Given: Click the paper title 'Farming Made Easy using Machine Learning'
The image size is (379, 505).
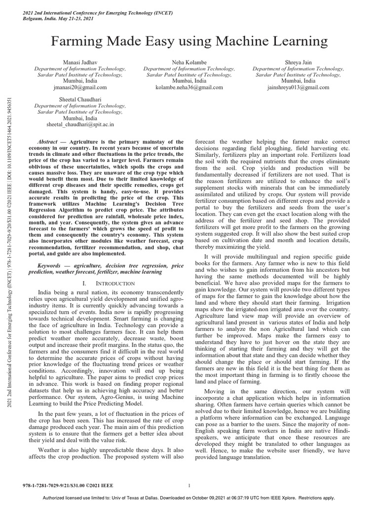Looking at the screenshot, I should click(x=190, y=39).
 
